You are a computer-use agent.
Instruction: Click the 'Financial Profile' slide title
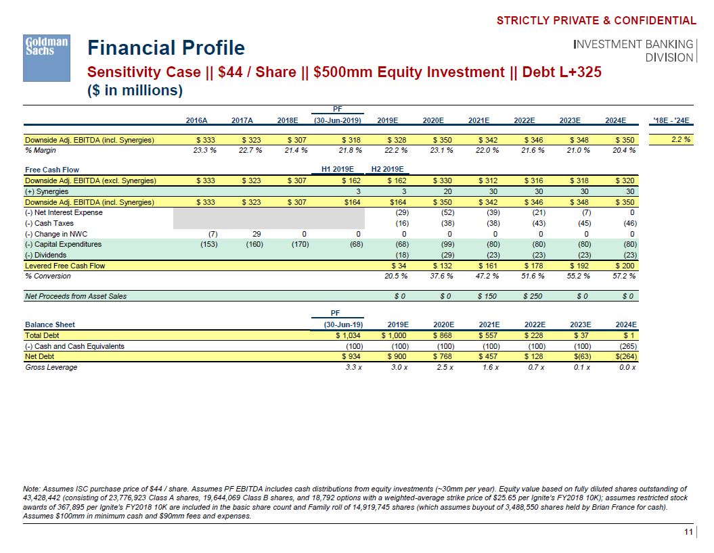coord(166,48)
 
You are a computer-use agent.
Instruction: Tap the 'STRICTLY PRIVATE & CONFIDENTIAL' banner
coord(596,20)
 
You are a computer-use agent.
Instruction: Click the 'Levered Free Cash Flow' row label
coord(65,266)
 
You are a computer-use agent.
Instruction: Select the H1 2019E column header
coord(342,169)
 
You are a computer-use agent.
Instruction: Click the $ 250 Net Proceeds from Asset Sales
coord(532,296)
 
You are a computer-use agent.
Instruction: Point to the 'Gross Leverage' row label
coord(51,367)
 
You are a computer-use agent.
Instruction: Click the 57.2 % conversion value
coord(623,276)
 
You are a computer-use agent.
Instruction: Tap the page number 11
coord(688,533)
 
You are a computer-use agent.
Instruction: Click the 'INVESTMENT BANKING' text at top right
coord(633,44)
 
